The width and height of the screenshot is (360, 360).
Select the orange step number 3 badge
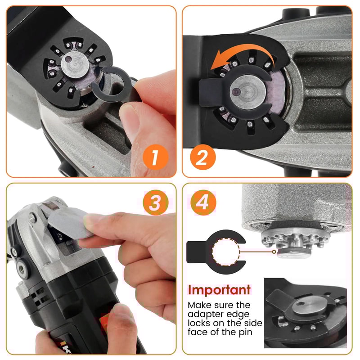pos(154,203)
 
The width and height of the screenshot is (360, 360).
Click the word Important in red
pos(219,289)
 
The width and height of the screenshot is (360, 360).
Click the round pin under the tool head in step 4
pos(289,253)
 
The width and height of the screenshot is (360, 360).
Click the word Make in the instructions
pos(199,305)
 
